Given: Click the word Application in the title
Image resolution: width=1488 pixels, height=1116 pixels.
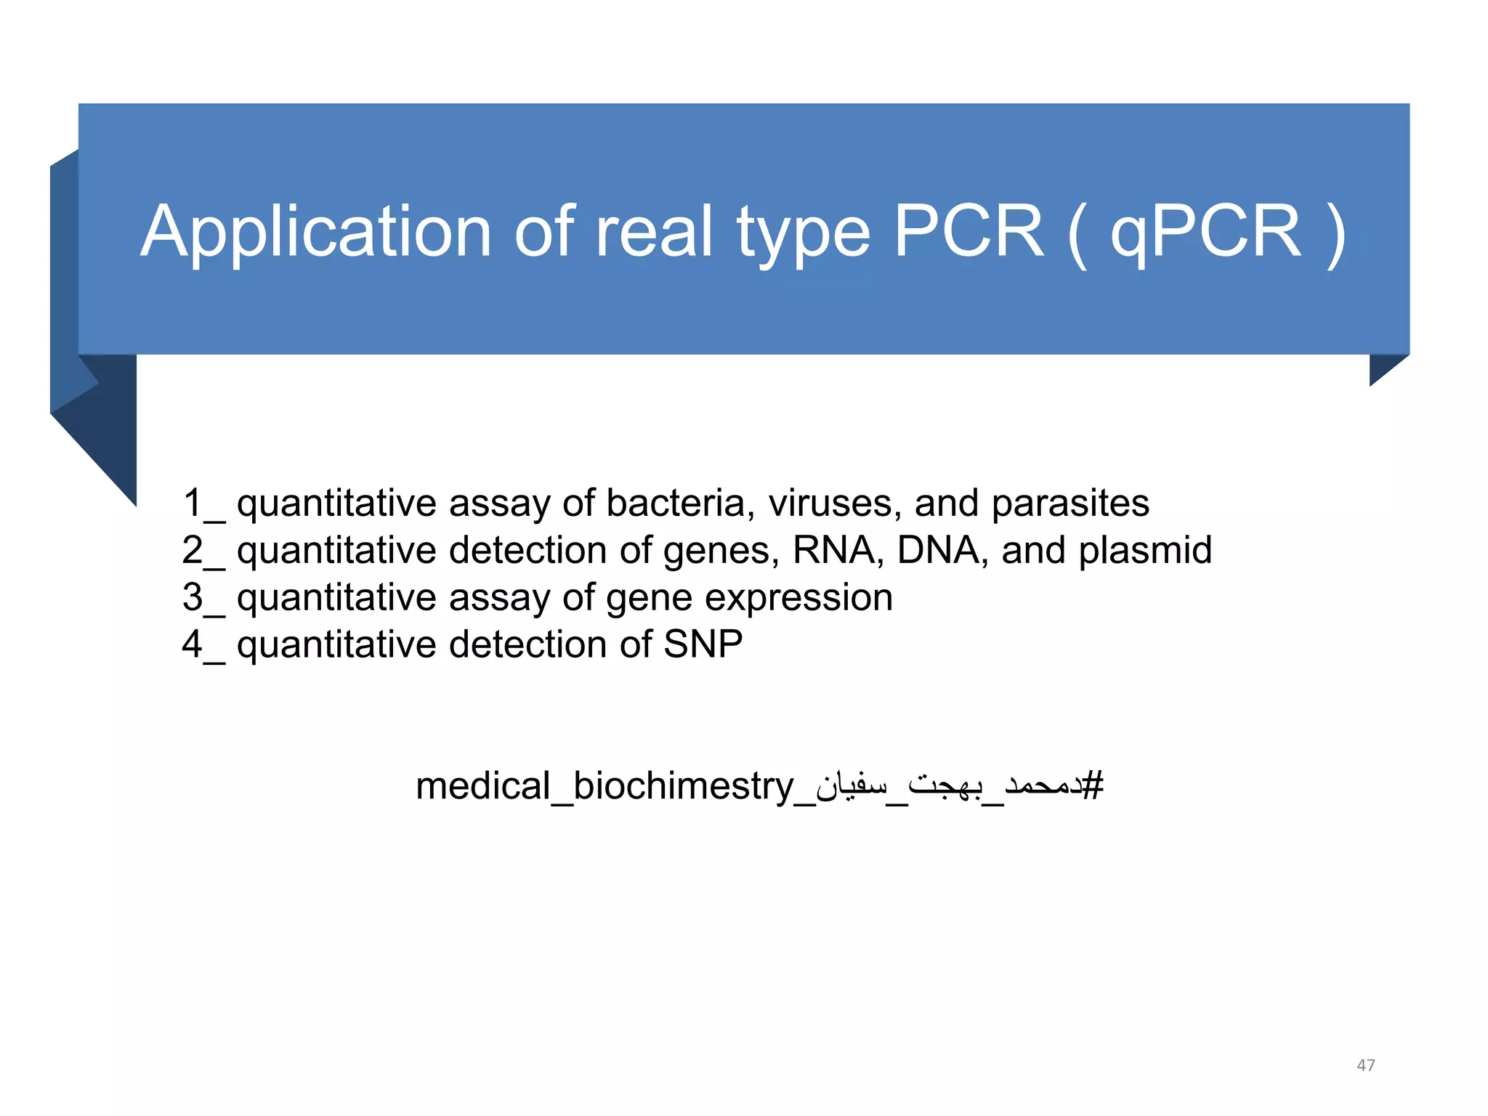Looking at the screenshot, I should [315, 232].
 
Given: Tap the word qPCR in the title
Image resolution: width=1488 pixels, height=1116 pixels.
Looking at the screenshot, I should [1205, 232].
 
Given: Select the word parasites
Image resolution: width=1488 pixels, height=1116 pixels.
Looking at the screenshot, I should [1070, 504].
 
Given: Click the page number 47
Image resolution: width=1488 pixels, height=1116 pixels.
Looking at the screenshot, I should [1365, 1065].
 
